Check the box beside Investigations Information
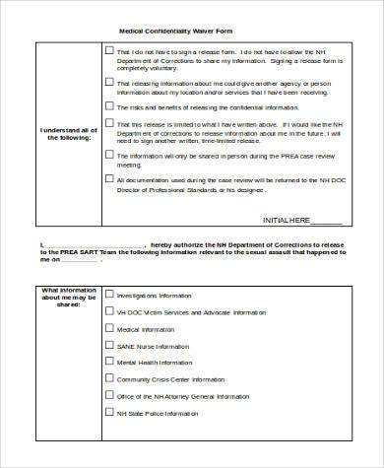point(107,294)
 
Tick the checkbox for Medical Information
point(107,328)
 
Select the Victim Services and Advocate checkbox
point(107,311)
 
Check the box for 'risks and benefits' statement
point(107,106)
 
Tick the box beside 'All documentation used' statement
point(107,179)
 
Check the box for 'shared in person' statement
point(107,155)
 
